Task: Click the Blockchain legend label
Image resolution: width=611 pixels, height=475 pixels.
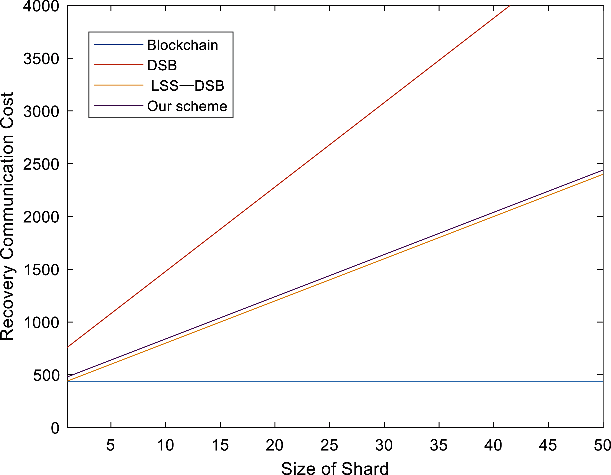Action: pos(182,45)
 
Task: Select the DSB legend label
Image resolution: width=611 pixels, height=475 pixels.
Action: pos(162,65)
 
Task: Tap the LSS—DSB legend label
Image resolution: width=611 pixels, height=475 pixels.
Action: pos(187,86)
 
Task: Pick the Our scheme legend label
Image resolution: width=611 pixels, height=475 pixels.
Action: pos(187,106)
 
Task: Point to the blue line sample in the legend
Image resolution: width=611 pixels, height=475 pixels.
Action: pos(118,44)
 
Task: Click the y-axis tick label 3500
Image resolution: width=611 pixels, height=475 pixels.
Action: pos(41,59)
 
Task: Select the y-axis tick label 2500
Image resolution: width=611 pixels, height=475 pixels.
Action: pos(41,164)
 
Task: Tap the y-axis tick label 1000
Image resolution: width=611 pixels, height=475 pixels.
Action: pos(41,323)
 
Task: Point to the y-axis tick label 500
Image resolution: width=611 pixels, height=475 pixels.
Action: pos(46,375)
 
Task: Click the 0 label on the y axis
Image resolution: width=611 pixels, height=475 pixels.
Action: pos(55,428)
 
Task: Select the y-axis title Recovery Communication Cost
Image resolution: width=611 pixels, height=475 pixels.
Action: pos(7,216)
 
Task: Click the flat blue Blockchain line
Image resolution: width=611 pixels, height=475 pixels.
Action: pos(336,381)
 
